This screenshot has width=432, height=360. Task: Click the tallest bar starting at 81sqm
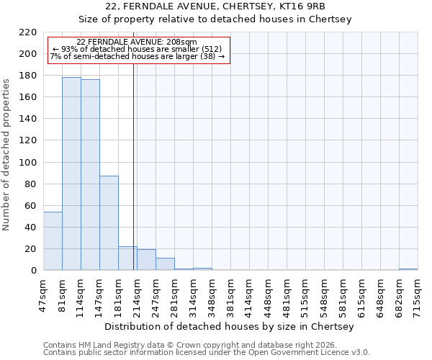(x=71, y=174)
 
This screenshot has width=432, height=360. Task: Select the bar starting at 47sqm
(x=53, y=241)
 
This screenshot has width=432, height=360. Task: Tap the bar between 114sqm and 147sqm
(x=90, y=175)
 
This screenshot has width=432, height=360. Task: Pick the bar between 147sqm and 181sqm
(x=109, y=223)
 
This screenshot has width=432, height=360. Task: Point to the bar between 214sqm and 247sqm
(x=146, y=260)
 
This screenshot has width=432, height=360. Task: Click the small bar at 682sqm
(x=408, y=269)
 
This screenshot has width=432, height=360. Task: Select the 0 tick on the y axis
(x=33, y=271)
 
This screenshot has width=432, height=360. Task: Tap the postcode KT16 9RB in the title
(x=294, y=6)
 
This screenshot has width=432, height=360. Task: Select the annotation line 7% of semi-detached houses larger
(x=138, y=56)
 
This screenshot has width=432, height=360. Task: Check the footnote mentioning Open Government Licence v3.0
(x=207, y=352)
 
